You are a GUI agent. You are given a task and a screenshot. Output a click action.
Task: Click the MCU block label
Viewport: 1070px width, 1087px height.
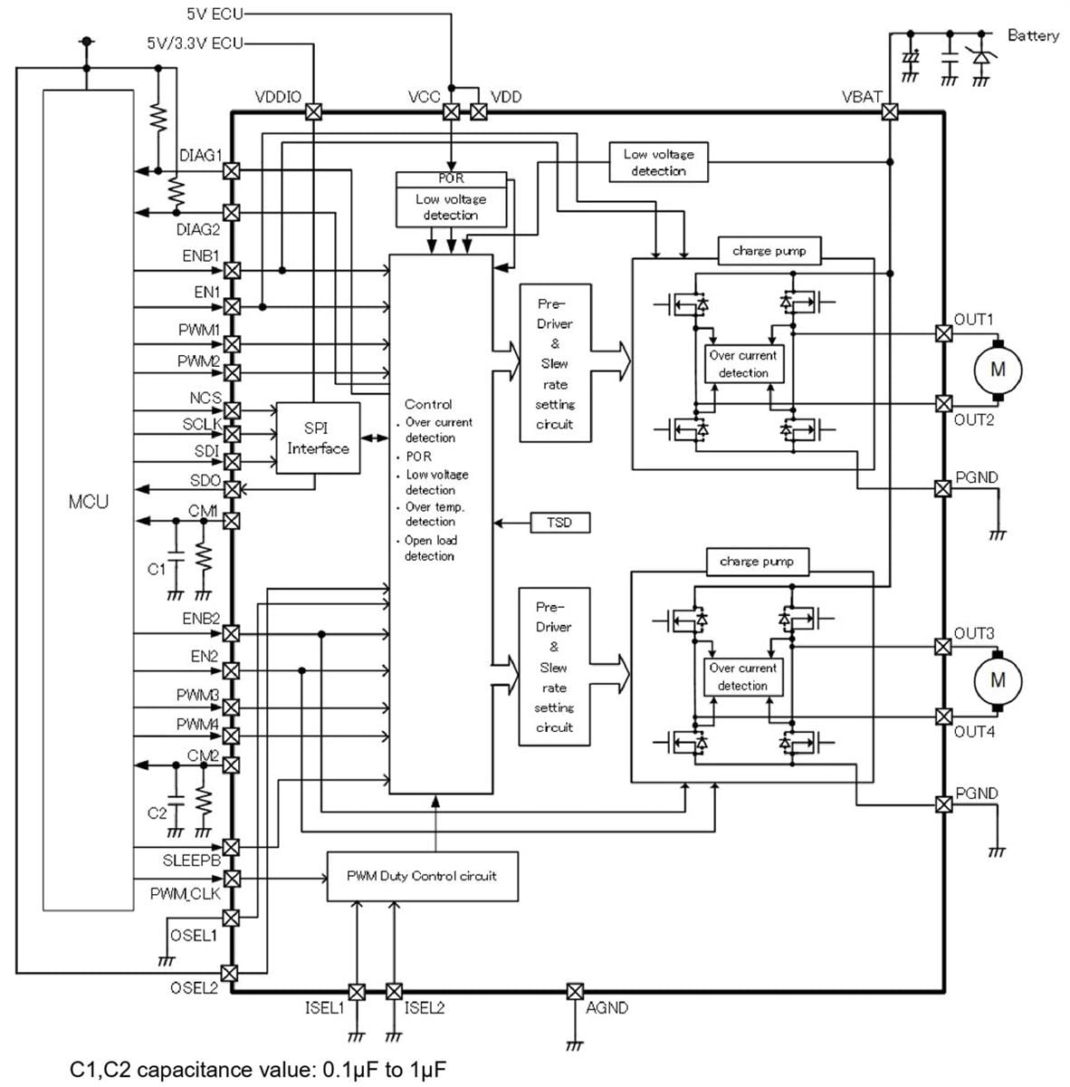point(88,501)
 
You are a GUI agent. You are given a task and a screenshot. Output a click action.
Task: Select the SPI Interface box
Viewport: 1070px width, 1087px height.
point(317,438)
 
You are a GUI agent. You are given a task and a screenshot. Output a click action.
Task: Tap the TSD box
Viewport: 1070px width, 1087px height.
point(559,523)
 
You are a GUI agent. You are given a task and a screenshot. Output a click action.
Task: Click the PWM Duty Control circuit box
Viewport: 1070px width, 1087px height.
point(422,876)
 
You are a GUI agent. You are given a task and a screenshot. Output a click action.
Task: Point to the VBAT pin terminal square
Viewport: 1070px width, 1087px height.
point(890,112)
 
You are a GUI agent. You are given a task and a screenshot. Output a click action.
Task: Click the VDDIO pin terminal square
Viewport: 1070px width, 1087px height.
point(313,112)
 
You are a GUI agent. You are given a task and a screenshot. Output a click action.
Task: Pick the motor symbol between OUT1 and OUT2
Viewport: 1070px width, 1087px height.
point(998,369)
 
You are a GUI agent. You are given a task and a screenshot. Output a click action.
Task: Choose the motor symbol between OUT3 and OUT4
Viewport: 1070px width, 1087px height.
point(998,679)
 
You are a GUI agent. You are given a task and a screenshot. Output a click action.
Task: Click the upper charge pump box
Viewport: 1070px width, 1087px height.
point(769,251)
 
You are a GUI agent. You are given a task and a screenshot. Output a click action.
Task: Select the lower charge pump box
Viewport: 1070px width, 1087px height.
point(757,562)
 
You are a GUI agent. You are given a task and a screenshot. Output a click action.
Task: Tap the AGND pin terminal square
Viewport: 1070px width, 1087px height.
point(574,991)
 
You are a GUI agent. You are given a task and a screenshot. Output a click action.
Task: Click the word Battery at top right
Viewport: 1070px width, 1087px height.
point(1032,35)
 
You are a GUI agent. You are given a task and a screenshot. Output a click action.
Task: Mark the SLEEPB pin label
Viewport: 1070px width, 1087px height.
point(191,861)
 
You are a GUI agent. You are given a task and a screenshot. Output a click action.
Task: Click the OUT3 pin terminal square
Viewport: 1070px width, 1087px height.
point(942,646)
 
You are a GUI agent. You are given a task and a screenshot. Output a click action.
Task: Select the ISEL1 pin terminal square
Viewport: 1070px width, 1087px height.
point(357,991)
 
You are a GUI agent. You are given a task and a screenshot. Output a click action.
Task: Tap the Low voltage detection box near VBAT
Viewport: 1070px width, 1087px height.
point(658,162)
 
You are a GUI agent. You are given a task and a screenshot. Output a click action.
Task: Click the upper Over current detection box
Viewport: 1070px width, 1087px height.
point(743,364)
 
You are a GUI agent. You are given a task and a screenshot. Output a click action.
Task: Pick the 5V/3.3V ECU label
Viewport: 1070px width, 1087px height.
point(195,43)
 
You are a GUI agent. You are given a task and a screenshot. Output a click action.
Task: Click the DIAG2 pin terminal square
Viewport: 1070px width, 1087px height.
point(232,212)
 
